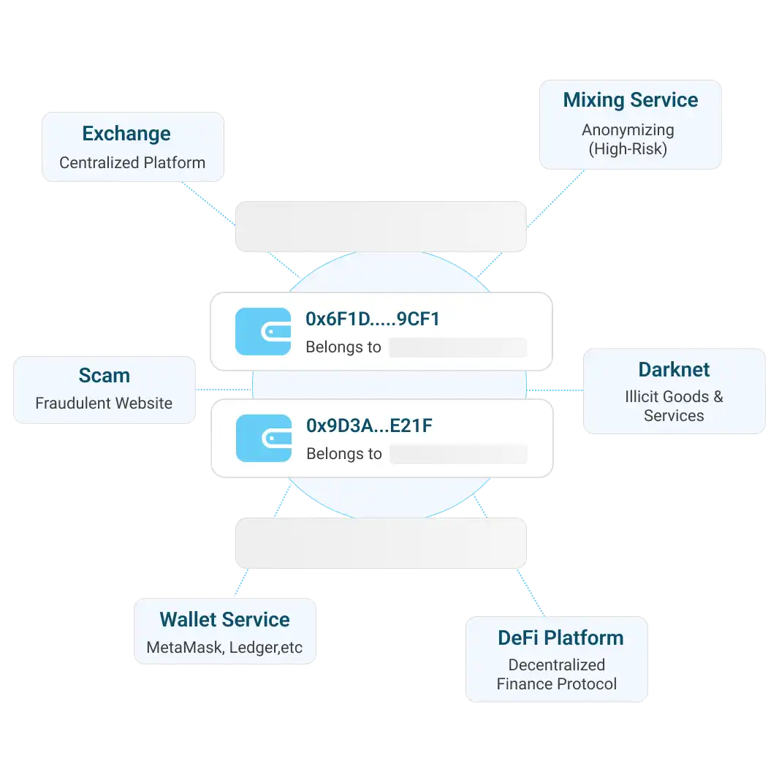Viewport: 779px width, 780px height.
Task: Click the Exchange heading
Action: point(126,134)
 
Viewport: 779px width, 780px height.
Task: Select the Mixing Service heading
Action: point(630,100)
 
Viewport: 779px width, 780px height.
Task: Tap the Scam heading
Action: point(104,376)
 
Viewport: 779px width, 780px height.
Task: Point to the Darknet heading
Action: point(674,369)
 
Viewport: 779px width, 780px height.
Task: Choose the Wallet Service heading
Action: point(224,620)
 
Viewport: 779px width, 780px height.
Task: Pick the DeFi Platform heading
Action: point(560,637)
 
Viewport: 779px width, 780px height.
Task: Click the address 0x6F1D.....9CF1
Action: point(373,319)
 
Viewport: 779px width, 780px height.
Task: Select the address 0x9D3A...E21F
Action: point(369,425)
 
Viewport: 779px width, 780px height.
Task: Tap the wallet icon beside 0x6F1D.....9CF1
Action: point(263,332)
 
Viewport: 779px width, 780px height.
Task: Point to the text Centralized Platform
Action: point(132,163)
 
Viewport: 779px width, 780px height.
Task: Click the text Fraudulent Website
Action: point(104,404)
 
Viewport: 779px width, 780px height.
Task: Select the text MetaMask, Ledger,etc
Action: point(224,648)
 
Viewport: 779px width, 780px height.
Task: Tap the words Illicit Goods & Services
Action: point(674,406)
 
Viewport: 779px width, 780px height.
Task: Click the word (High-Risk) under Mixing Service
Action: point(628,149)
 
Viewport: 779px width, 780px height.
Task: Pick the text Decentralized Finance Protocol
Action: point(557,675)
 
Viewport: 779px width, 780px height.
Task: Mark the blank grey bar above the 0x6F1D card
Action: point(381,226)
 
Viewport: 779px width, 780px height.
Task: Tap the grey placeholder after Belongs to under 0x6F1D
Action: point(457,347)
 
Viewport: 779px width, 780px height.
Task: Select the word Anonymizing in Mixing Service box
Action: point(628,130)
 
